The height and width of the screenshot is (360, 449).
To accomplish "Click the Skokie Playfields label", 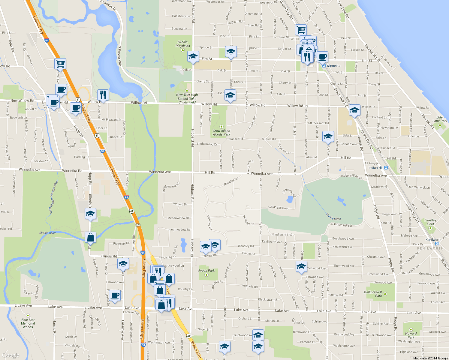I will pos(183,44).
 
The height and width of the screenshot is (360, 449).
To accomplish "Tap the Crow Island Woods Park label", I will pos(221,132).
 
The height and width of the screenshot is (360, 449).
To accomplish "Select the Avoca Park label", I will pos(206,271).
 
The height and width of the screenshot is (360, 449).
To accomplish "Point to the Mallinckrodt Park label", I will pos(373,294).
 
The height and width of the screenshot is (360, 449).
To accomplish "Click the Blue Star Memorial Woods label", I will pos(28,323).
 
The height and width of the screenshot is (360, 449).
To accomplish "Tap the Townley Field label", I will pos(430,222).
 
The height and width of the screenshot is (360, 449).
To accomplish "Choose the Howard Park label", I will pos(411,335).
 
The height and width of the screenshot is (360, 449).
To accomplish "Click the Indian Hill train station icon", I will pos(386,168).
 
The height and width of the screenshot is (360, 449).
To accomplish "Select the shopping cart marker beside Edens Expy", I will pos(60,64).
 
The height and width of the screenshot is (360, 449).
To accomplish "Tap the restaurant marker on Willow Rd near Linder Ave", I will pos(103,95).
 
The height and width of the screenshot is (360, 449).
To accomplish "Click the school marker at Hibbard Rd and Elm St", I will pos(193,56).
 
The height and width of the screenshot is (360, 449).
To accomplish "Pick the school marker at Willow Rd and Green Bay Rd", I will pos(354,110).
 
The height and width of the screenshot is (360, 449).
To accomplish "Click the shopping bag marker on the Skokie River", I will pos(90,237).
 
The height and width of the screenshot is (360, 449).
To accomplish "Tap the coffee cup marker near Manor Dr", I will pos(114,295).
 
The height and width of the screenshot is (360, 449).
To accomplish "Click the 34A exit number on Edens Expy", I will pos(137,225).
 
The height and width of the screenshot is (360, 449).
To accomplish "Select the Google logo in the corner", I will pos(11,355).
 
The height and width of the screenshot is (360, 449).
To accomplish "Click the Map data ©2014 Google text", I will pos(430,358).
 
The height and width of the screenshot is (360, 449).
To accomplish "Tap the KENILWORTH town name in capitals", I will pos(430,248).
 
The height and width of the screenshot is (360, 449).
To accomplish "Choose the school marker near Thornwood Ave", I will pos(301,266).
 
